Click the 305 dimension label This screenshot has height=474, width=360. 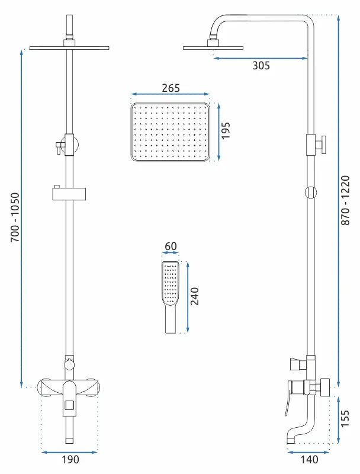coord(261,65)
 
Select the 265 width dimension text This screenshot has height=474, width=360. coord(171,88)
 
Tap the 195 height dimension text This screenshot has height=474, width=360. coord(226,130)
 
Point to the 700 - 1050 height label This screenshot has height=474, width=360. coord(15,217)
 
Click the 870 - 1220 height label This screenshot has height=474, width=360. coord(346,200)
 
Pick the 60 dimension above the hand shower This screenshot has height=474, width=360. coord(171,246)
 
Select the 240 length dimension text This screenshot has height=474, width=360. coord(195,296)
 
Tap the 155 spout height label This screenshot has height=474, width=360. coord(345,418)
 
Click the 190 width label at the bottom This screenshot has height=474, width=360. coord(70,460)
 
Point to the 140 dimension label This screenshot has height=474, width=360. coord(309,460)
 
